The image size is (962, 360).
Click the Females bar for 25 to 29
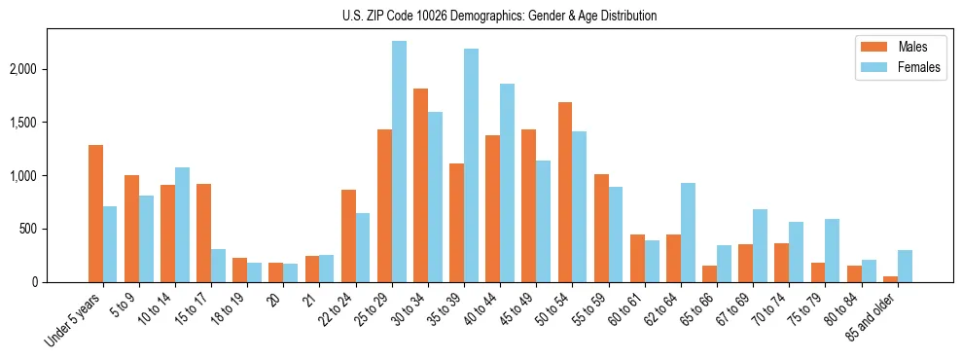pyautogui.click(x=399, y=162)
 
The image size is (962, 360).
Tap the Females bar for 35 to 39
pyautogui.click(x=471, y=165)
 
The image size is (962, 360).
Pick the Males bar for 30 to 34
pyautogui.click(x=420, y=185)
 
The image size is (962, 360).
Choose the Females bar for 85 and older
pyautogui.click(x=905, y=266)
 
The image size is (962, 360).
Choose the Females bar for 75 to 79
pyautogui.click(x=833, y=250)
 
